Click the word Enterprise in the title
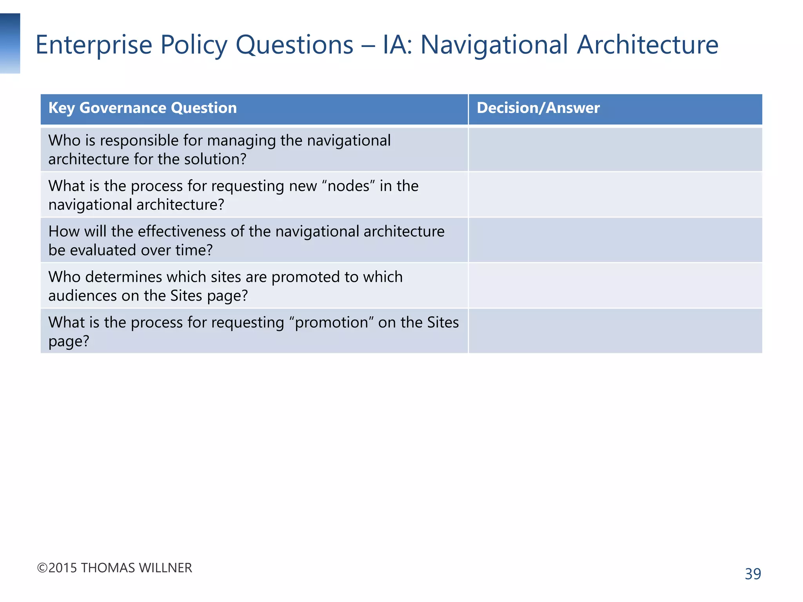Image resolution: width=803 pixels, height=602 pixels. [94, 45]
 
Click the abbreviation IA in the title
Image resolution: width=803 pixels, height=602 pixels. [396, 45]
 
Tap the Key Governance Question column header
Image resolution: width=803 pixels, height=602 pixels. [142, 108]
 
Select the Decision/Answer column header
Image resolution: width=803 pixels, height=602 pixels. [538, 108]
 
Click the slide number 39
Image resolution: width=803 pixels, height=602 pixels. [753, 574]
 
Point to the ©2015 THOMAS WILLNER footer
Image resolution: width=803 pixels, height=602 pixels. [114, 568]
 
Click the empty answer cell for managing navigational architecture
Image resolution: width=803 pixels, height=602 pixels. [615, 149]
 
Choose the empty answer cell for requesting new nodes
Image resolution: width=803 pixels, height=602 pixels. [615, 195]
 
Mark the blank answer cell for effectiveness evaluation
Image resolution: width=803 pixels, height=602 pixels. [615, 240]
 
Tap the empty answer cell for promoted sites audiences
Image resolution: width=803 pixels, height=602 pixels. [615, 286]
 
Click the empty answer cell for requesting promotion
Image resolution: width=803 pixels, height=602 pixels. [615, 331]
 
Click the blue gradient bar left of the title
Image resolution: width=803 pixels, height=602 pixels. [10, 43]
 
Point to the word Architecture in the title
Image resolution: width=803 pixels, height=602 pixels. [647, 45]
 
